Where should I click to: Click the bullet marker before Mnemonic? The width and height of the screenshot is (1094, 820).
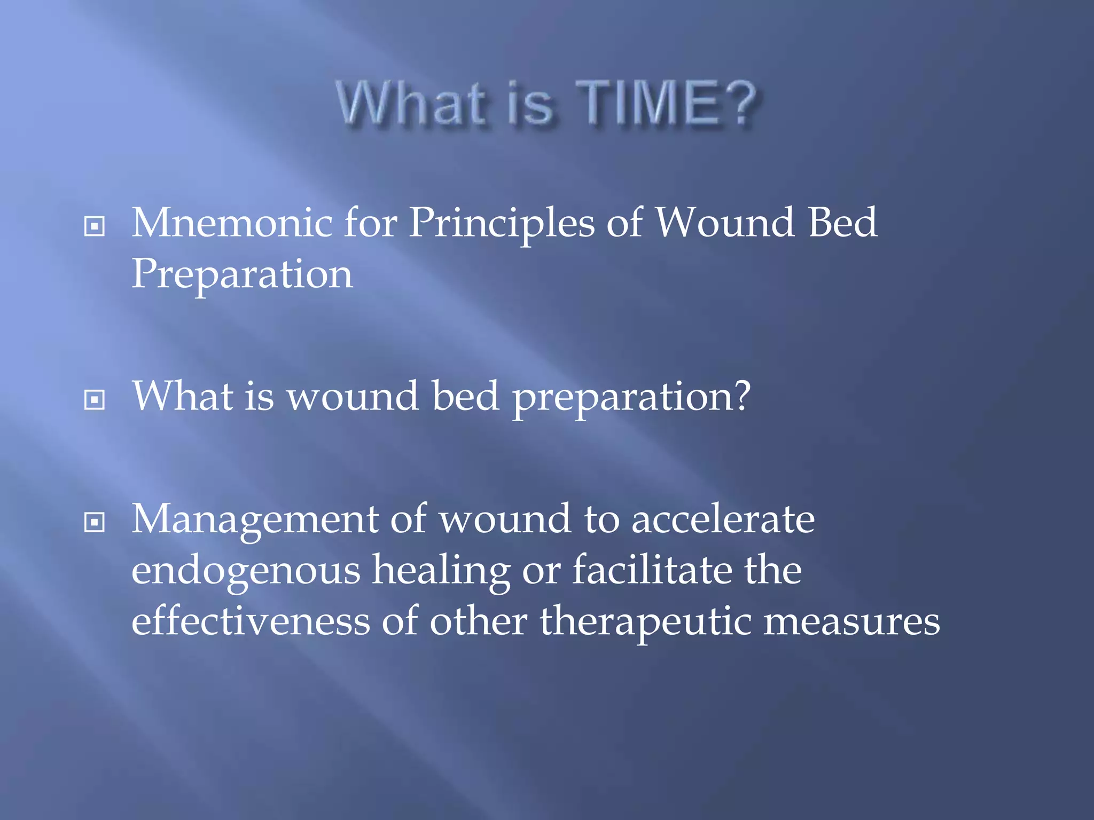tap(95, 226)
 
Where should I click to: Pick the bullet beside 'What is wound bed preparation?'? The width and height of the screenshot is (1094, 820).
tap(95, 399)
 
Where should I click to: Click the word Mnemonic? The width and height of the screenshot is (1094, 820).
tap(231, 223)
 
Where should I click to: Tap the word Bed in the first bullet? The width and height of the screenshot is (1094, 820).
tap(842, 223)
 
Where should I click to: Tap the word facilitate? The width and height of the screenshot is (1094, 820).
tap(652, 570)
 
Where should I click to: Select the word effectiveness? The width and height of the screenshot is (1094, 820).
tap(251, 621)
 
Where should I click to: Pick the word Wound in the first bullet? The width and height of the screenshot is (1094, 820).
tap(724, 223)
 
